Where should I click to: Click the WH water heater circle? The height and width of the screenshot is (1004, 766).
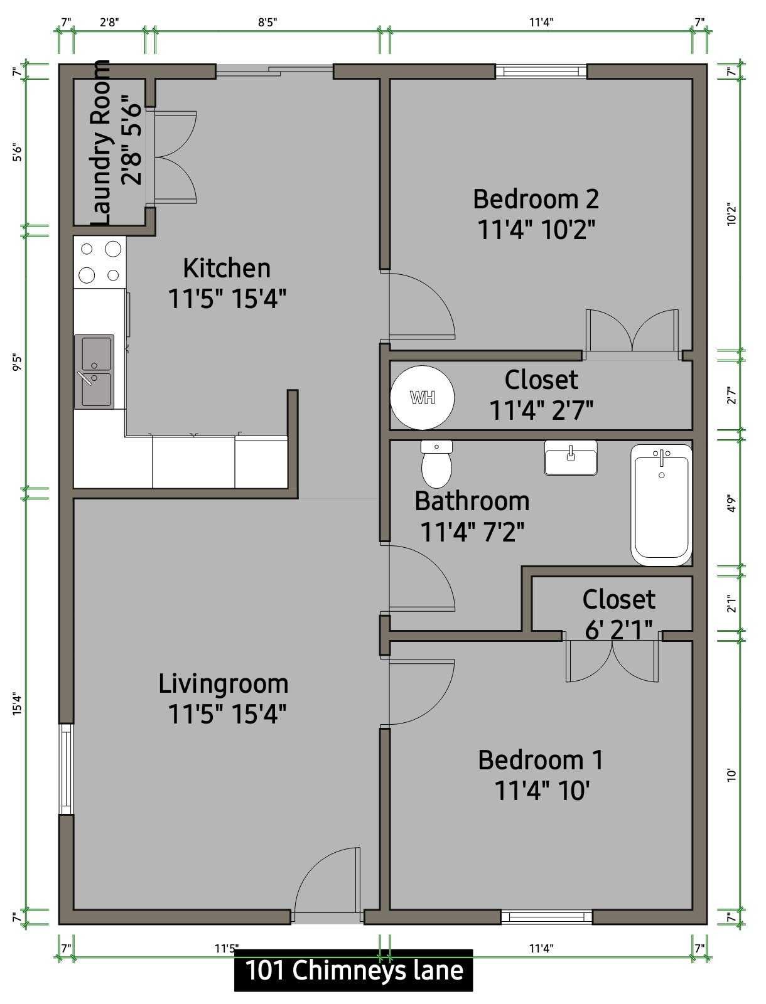pyautogui.click(x=423, y=397)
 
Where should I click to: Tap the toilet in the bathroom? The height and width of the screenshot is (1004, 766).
pyautogui.click(x=436, y=464)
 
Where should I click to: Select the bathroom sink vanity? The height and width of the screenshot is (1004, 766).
pyautogui.click(x=571, y=457)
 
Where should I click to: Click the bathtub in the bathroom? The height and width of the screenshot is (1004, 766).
pyautogui.click(x=661, y=505)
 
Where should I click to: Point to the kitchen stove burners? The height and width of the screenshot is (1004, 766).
pyautogui.click(x=100, y=262)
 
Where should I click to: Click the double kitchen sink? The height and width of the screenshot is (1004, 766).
pyautogui.click(x=94, y=371)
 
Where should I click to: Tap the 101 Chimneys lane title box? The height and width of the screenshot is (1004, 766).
pyautogui.click(x=353, y=970)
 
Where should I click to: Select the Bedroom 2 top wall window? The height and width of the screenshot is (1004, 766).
pyautogui.click(x=541, y=72)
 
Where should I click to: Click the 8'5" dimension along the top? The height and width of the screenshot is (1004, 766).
pyautogui.click(x=267, y=22)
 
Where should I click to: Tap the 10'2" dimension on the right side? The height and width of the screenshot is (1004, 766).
pyautogui.click(x=731, y=214)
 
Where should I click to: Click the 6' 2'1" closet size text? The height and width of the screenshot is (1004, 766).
pyautogui.click(x=618, y=630)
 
